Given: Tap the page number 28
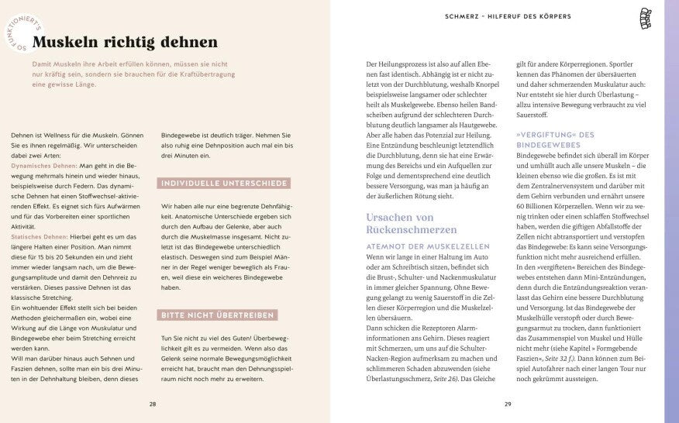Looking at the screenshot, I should click(153, 403).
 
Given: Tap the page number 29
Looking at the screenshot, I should click(508, 403).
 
